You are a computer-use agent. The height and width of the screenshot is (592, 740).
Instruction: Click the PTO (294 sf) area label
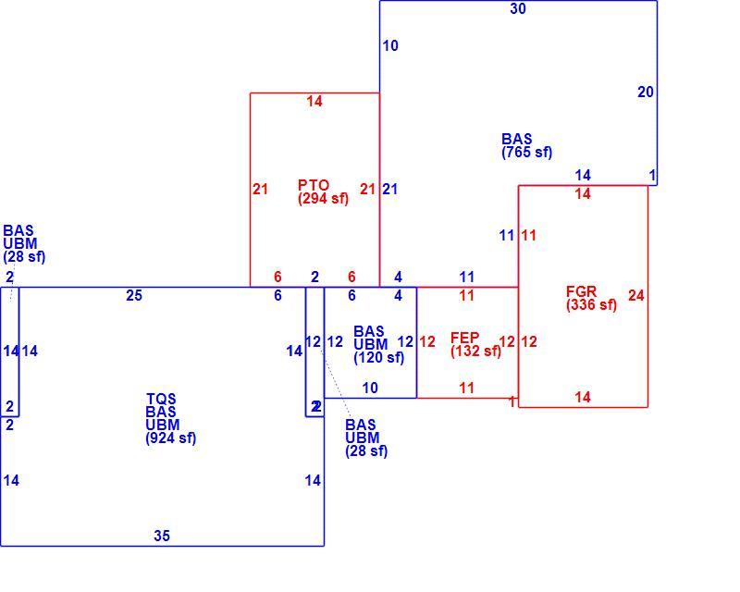coord(323,191)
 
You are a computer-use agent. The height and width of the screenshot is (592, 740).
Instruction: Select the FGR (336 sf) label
coord(591,298)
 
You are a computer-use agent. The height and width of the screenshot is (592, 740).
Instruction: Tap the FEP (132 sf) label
coord(475,344)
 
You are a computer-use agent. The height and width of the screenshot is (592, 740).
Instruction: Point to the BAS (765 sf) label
coord(526,145)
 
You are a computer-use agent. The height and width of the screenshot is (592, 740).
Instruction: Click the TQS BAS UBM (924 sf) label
coord(170,418)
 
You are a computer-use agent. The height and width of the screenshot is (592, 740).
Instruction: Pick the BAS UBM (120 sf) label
coord(378,344)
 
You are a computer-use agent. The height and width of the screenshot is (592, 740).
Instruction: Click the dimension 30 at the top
coord(518,8)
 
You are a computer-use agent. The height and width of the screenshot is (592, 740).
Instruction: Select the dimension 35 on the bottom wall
coord(161,536)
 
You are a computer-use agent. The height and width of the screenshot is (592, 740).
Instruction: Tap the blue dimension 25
coord(134,295)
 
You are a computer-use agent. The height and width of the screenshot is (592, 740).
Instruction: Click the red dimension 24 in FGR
coord(636,295)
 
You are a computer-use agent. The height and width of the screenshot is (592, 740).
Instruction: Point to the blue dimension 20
coord(646,92)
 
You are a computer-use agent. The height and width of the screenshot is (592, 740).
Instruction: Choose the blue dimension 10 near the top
coord(390,46)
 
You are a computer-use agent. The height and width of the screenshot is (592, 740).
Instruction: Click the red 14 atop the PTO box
coord(314,101)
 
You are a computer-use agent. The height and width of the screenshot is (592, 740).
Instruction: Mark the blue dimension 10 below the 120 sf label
coord(370,388)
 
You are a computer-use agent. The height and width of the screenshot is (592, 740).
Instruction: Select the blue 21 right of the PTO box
coord(389,190)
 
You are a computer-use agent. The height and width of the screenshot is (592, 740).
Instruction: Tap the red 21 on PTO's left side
coord(260,190)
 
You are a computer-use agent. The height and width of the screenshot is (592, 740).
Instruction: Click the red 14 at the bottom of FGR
coord(583,397)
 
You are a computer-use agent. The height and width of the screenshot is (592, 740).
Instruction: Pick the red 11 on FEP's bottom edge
coord(467,388)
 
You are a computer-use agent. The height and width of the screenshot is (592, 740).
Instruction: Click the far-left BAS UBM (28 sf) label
coord(24,243)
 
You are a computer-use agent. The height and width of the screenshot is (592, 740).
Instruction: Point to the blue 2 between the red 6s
coord(314,277)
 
